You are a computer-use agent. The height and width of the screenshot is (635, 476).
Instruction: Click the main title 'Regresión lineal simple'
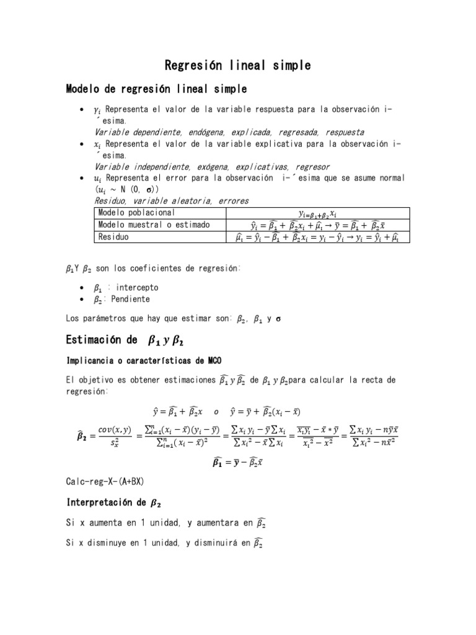(237, 65)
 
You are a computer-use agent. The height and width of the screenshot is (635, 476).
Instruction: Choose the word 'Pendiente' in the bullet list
(130, 299)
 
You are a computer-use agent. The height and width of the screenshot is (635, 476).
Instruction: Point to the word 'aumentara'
(208, 523)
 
